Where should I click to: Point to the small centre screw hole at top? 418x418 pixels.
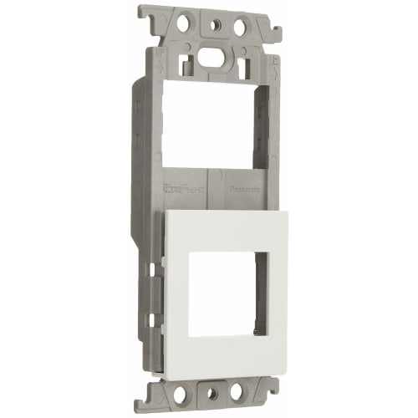tap(210, 25)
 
